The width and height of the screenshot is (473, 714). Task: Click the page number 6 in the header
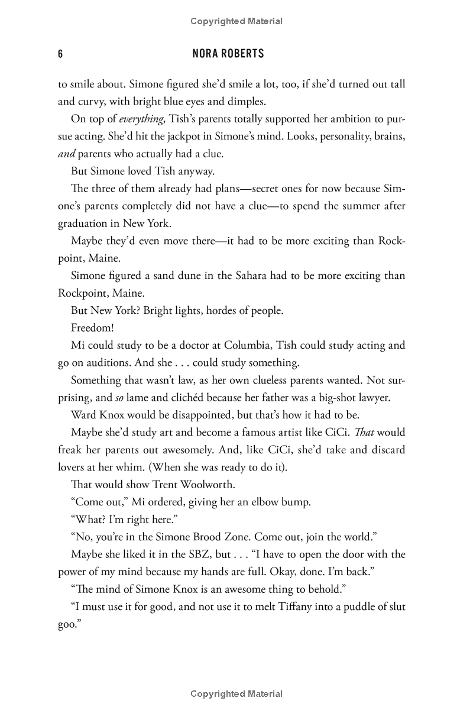pyautogui.click(x=60, y=54)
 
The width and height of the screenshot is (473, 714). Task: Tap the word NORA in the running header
pyautogui.click(x=206, y=54)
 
